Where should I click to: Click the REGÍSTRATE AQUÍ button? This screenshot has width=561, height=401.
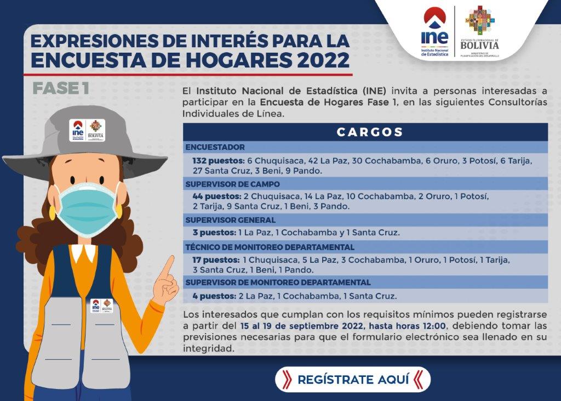point(352,379)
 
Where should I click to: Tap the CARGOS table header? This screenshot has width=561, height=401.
point(370,132)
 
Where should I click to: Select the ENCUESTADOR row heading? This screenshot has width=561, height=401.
point(215,147)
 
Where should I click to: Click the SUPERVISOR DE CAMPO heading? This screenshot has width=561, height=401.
point(232,184)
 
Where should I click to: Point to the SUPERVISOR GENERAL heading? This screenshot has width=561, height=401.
point(231,220)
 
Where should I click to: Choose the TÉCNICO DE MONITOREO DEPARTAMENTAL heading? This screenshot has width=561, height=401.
point(270,247)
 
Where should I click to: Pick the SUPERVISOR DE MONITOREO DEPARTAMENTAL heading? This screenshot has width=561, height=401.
point(278,283)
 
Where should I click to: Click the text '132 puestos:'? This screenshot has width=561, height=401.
point(219,161)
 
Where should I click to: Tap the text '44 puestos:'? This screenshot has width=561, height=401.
point(217,196)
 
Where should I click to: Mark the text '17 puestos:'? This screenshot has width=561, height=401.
point(216,260)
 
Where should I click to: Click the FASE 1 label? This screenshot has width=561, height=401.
point(61,89)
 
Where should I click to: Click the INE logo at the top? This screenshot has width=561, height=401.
point(434,32)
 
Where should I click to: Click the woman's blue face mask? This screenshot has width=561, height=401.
point(88,210)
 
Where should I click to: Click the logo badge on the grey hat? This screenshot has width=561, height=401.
point(87,131)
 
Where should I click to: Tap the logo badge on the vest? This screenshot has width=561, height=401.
point(101,306)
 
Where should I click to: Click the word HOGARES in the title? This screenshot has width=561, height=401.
point(239,60)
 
